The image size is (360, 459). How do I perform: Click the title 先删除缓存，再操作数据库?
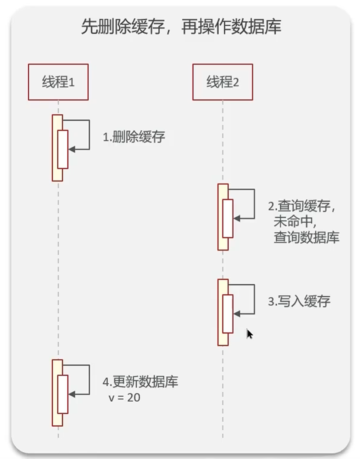(x=181, y=27)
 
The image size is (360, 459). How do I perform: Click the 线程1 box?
(x=58, y=82)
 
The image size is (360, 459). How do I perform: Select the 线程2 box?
(x=223, y=82)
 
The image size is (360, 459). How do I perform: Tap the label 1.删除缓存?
(x=134, y=137)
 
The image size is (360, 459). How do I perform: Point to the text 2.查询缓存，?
(x=303, y=206)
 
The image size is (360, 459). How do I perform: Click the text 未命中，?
(x=295, y=221)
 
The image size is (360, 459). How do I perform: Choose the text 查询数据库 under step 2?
(x=306, y=237)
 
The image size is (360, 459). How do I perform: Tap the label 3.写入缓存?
(x=299, y=301)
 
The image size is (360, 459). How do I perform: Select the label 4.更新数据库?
(x=140, y=382)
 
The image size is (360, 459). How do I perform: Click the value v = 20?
(x=124, y=398)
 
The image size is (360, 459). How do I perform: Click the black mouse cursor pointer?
(x=249, y=334)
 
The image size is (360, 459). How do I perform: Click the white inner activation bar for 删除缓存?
(x=63, y=149)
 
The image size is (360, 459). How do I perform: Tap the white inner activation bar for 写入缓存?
(x=228, y=314)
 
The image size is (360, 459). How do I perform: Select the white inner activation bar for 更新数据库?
(x=63, y=394)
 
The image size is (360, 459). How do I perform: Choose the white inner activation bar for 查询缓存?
(x=228, y=219)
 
